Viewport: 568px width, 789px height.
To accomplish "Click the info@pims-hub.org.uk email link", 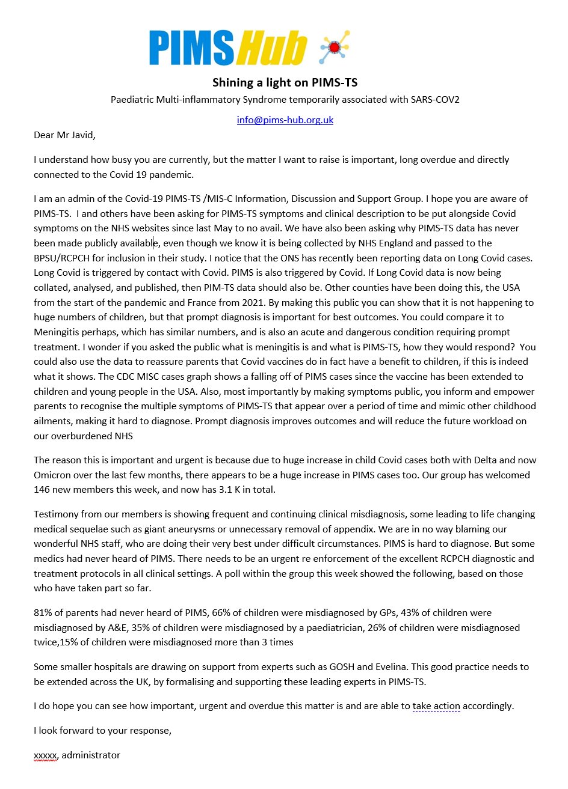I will (285, 120).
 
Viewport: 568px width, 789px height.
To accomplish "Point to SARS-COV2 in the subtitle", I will (435, 99).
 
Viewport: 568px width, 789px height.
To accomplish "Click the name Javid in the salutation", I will (81, 135).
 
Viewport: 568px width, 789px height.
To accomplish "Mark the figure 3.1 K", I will (236, 490).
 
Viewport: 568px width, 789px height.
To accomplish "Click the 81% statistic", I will (43, 613).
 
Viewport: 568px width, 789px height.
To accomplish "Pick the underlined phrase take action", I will (436, 706).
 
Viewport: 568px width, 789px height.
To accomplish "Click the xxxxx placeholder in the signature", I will (45, 755).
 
